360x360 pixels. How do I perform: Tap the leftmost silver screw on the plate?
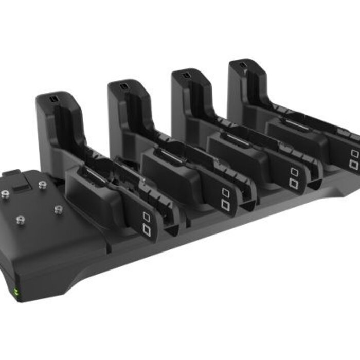(x=5, y=194)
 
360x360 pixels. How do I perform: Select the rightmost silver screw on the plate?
(x=59, y=209)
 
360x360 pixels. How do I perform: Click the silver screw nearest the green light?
(x=21, y=220)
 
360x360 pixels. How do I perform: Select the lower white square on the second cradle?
(x=225, y=204)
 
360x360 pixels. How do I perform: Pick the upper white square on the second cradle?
(x=225, y=192)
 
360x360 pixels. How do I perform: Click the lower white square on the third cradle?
(x=294, y=183)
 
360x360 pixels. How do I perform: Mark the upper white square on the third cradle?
(x=294, y=172)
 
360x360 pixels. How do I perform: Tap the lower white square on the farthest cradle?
(x=354, y=165)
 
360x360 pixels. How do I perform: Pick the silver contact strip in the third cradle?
(x=237, y=138)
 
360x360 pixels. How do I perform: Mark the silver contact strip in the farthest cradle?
(x=297, y=124)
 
